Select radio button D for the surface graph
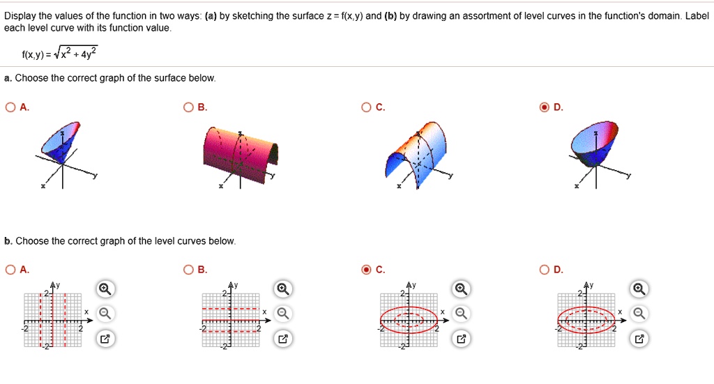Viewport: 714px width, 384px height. pos(545,107)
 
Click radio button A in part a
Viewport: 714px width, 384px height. pos(10,107)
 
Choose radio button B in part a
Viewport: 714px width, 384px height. pos(188,107)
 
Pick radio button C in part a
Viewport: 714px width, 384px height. pos(366,107)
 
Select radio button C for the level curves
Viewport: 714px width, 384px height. pos(366,270)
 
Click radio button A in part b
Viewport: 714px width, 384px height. pos(10,270)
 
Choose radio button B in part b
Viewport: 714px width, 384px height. pos(188,270)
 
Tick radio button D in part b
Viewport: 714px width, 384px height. pos(545,270)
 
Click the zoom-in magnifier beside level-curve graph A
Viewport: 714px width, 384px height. pos(104,289)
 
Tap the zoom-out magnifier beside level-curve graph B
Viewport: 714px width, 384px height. pos(282,314)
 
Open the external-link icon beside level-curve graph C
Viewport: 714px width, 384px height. pos(460,339)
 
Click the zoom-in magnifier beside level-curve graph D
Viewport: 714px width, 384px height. pos(639,289)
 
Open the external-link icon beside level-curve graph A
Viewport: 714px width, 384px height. pos(104,339)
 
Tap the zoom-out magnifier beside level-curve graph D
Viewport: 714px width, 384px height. pos(639,314)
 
